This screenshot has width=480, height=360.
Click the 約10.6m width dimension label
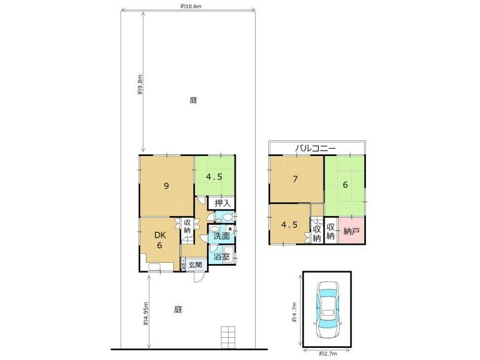tap(190, 7)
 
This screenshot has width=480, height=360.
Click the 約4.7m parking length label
tap(294, 311)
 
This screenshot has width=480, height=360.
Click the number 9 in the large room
tap(166, 185)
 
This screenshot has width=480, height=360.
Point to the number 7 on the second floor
tap(296, 179)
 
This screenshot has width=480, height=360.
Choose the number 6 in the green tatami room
tap(346, 185)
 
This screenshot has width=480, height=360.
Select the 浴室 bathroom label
tap(221, 257)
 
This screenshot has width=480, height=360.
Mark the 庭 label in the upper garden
tap(193, 100)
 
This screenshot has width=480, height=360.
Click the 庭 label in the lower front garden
tap(178, 310)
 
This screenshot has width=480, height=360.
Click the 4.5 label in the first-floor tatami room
tap(215, 177)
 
